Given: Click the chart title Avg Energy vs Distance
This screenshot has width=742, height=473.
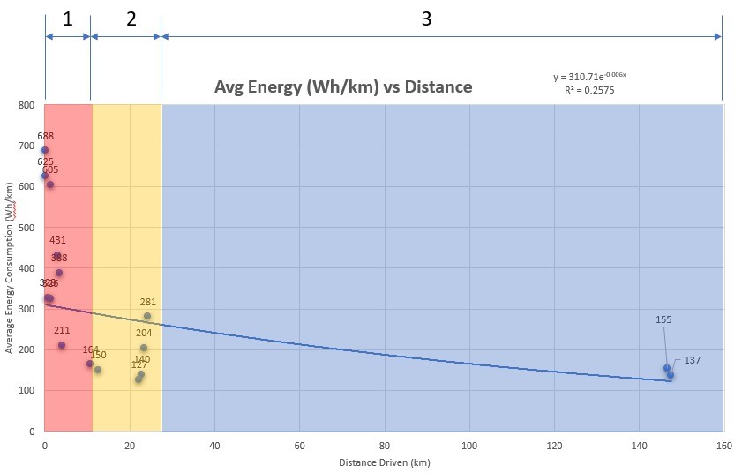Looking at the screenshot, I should (x=343, y=87).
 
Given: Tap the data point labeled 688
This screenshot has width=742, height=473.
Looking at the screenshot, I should (x=45, y=151).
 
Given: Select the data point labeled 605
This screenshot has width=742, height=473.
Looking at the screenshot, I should (x=50, y=184).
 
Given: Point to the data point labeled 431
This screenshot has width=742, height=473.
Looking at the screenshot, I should (x=57, y=256).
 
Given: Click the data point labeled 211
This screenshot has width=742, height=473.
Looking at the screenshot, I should (x=62, y=345).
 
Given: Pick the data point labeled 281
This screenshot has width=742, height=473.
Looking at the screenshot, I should (x=147, y=316).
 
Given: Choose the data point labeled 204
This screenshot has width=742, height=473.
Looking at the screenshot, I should (x=144, y=348).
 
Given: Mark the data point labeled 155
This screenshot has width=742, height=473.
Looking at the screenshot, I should (x=667, y=368).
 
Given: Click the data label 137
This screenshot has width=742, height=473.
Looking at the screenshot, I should (x=693, y=360).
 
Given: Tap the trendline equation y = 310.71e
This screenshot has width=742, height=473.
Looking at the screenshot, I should (x=589, y=77).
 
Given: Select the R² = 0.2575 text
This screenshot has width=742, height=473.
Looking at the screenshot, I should (x=589, y=90).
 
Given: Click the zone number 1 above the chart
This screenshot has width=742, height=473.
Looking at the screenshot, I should (x=68, y=19).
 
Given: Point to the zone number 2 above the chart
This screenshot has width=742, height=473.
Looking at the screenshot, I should (x=131, y=19).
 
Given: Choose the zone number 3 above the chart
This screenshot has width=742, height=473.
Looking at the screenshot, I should (x=426, y=19).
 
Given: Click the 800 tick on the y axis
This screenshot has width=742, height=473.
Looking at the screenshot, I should (x=26, y=105).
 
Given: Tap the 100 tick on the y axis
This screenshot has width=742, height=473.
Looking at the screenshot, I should (x=26, y=391).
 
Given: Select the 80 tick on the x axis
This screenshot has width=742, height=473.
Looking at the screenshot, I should (x=385, y=446).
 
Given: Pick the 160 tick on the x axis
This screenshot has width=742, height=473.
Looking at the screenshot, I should (x=723, y=446).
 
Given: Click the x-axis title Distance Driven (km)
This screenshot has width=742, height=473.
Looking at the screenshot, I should (x=384, y=462).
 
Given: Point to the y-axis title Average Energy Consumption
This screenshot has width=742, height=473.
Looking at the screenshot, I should (x=10, y=267).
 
